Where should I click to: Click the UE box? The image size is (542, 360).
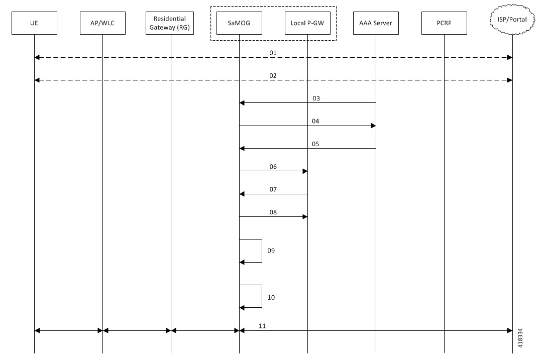[34, 23]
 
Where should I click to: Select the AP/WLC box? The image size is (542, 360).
[102, 23]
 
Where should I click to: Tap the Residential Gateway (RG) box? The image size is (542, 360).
[170, 23]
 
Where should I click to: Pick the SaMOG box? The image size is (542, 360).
[239, 23]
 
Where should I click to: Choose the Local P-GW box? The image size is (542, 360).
[307, 23]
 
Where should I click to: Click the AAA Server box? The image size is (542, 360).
[376, 23]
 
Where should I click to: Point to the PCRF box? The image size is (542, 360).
[444, 23]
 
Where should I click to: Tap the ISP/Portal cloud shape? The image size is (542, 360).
[512, 20]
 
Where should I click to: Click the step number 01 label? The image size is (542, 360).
[273, 53]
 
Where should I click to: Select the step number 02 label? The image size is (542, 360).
[273, 76]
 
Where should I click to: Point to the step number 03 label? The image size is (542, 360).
[316, 98]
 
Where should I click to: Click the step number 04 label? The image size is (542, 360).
[315, 122]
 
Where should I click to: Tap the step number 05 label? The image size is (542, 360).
[315, 144]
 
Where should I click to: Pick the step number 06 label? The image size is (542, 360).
[273, 167]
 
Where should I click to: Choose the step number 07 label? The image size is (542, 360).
[273, 190]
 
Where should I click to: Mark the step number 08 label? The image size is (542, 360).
[273, 212]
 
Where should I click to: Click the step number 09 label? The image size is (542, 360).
[271, 251]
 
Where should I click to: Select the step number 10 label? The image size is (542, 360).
[271, 297]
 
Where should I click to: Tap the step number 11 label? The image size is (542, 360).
[262, 326]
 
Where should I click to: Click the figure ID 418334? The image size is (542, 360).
[520, 338]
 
